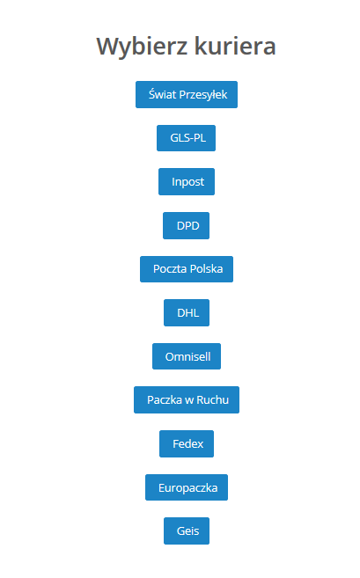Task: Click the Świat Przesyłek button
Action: (187, 95)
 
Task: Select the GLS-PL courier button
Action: (187, 138)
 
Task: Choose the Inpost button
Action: (187, 182)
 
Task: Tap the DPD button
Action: (187, 225)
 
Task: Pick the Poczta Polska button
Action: (187, 269)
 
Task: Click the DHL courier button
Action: (187, 313)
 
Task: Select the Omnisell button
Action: (187, 356)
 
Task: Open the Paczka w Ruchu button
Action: (187, 400)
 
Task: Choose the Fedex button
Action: (187, 443)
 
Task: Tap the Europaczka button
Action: (187, 487)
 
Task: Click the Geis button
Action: (187, 530)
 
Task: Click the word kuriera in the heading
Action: (235, 46)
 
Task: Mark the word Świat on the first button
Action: (163, 94)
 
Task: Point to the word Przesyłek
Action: (203, 95)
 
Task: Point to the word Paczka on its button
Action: (165, 400)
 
